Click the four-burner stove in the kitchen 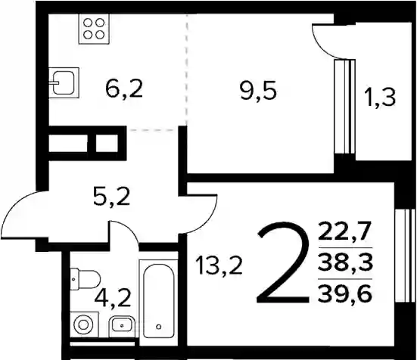coord(94,29)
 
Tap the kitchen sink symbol coord(64,82)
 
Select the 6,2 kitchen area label coord(124,88)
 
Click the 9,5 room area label coord(259,90)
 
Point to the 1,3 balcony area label coord(381,98)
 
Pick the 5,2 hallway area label coord(112,197)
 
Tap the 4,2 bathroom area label coord(113,298)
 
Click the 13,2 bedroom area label coord(219,266)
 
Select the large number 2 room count coord(283,262)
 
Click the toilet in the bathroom coord(85,279)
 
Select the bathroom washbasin coord(122,324)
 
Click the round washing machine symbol coord(84,324)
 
